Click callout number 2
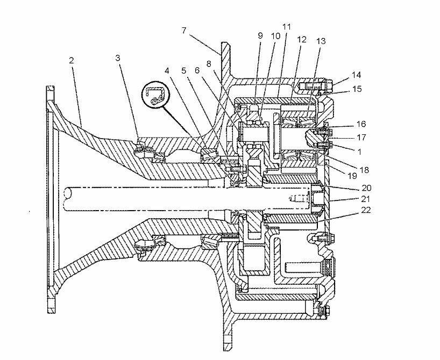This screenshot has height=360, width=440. point(72,61)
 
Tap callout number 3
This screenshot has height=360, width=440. point(118,58)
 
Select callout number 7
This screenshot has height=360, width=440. point(184,30)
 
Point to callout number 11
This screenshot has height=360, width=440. point(287,27)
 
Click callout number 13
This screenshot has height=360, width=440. point(321,41)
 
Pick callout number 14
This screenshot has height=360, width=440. point(357,75)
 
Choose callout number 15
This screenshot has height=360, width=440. point(357,89)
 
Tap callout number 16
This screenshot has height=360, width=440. point(361,124)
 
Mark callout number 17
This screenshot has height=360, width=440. point(361,138)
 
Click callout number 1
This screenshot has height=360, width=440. point(359,152)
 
